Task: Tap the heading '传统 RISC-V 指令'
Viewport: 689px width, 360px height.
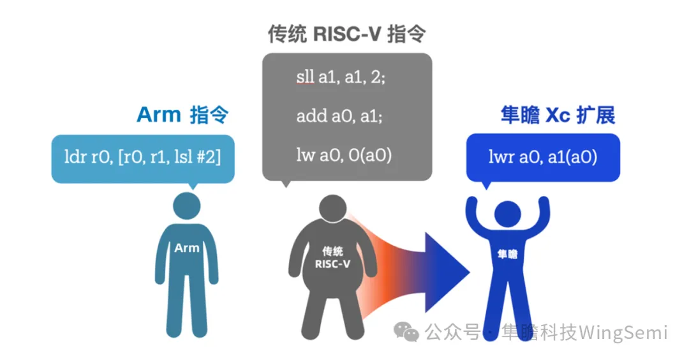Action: (x=348, y=34)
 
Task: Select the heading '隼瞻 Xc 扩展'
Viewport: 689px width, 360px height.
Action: (x=556, y=116)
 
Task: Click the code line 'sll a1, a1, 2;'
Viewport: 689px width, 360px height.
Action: (x=341, y=78)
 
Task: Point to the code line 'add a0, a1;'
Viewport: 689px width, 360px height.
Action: (x=339, y=116)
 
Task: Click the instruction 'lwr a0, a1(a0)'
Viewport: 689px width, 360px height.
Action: (x=543, y=156)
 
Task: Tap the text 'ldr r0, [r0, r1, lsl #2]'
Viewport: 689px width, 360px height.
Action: (x=143, y=156)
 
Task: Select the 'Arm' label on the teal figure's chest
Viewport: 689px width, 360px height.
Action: (x=187, y=248)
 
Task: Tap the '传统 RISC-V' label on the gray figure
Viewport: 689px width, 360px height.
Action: (x=333, y=257)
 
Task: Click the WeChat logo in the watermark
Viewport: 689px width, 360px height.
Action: (x=406, y=332)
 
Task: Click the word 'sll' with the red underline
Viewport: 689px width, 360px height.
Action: (x=305, y=78)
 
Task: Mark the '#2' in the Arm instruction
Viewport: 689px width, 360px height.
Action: (x=208, y=156)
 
